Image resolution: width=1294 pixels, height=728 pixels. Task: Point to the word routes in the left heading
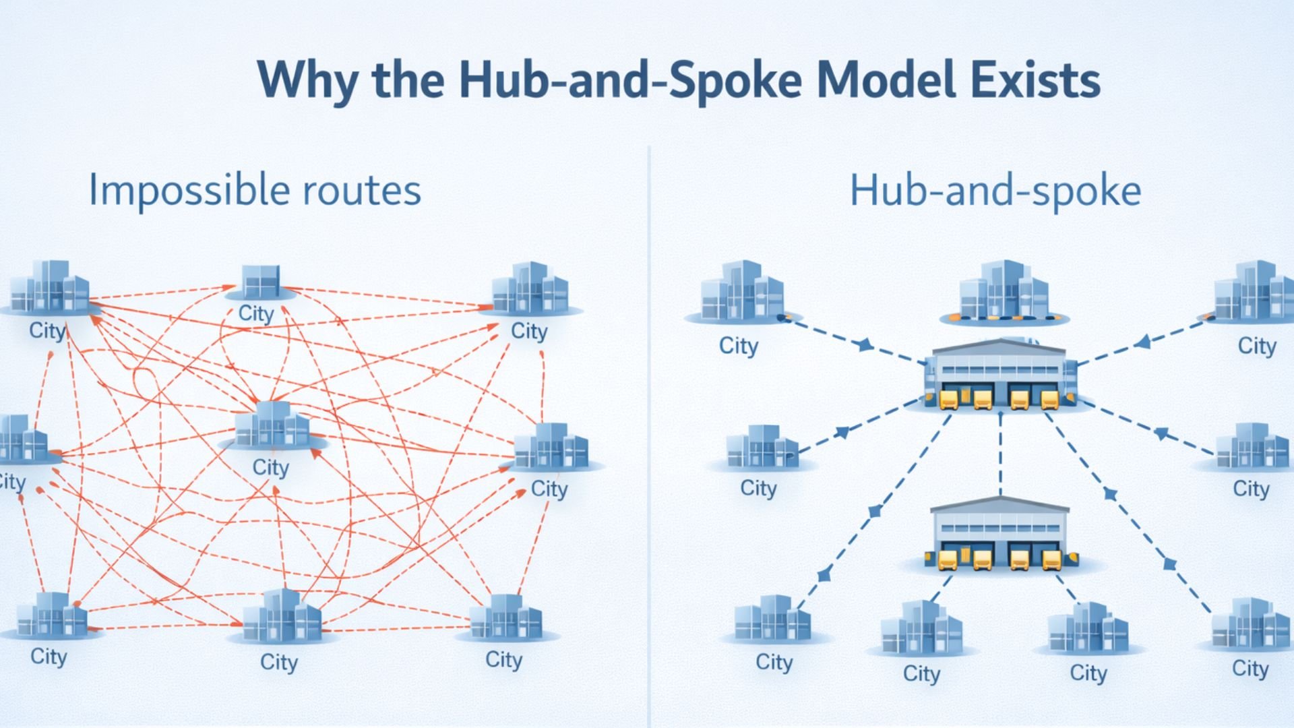[362, 191]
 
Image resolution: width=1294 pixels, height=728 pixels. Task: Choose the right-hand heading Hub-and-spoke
[995, 191]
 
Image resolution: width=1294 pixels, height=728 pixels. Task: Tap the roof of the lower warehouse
[1000, 506]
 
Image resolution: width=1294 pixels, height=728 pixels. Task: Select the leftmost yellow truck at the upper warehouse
[948, 399]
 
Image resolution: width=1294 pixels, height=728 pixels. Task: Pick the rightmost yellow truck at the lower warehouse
[1051, 559]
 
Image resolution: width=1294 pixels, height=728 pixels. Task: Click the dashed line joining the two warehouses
[1000, 455]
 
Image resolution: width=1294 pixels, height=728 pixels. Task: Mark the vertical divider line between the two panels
[649, 431]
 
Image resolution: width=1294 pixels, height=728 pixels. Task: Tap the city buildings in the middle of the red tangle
[272, 425]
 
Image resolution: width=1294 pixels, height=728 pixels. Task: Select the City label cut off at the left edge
[11, 482]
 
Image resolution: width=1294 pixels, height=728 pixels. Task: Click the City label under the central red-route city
[270, 467]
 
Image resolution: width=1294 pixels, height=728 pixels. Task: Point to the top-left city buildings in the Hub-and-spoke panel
[741, 292]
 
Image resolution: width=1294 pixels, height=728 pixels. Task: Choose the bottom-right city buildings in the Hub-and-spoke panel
[1250, 624]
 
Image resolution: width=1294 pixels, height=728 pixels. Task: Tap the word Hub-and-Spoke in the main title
[630, 80]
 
